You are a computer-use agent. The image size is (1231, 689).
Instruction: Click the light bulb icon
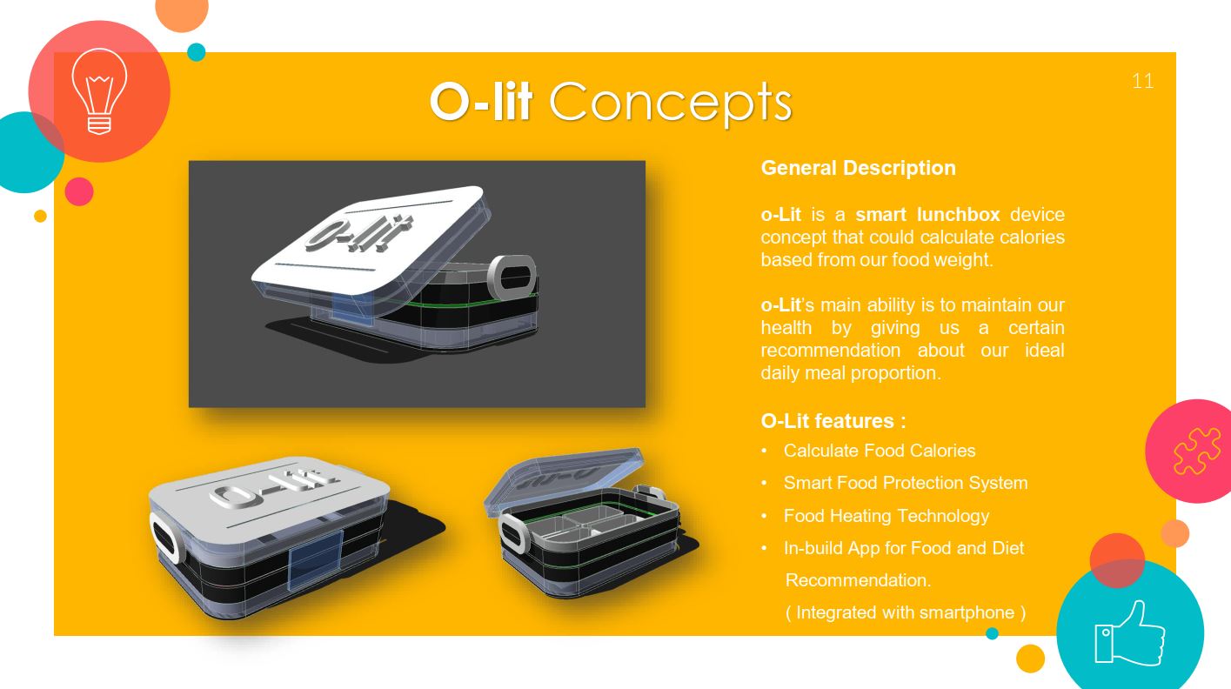99,91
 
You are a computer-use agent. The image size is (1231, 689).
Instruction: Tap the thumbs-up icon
1129,633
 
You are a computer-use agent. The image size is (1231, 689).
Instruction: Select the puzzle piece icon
1197,451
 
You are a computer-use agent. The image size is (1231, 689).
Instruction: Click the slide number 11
1142,81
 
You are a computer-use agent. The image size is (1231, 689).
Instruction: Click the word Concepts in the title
670,103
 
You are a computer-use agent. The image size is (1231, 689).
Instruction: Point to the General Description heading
858,168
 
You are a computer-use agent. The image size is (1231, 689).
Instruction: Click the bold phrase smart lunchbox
927,214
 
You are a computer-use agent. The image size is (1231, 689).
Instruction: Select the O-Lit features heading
833,421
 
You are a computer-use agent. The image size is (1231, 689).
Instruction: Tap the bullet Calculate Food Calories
880,451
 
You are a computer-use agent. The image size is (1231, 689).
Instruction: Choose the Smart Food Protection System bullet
906,483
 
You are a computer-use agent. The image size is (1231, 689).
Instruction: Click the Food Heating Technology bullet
886,516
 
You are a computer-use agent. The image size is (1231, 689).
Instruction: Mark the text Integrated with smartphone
905,612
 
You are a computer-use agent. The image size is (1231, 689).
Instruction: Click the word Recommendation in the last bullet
858,580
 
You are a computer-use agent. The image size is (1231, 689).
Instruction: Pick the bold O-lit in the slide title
481,102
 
